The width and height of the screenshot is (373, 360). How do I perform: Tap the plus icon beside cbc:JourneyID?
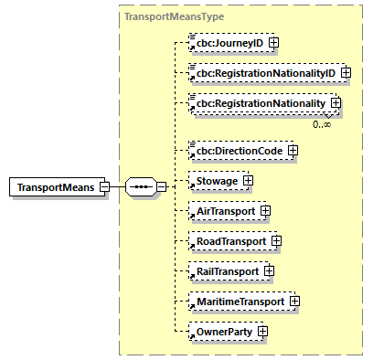pyautogui.click(x=273, y=42)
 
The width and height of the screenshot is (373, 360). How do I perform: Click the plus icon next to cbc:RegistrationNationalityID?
pyautogui.click(x=346, y=72)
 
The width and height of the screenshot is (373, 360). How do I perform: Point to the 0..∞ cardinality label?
pyautogui.click(x=322, y=123)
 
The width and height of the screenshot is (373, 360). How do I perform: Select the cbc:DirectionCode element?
pyautogui.click(x=235, y=150)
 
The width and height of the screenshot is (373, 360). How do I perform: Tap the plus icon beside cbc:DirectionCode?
pyautogui.click(x=293, y=150)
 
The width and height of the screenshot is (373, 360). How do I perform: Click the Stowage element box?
pyautogui.click(x=212, y=181)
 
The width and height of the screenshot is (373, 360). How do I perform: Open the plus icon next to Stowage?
pyautogui.click(x=248, y=181)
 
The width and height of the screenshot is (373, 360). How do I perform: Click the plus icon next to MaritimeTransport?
pyautogui.click(x=294, y=301)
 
